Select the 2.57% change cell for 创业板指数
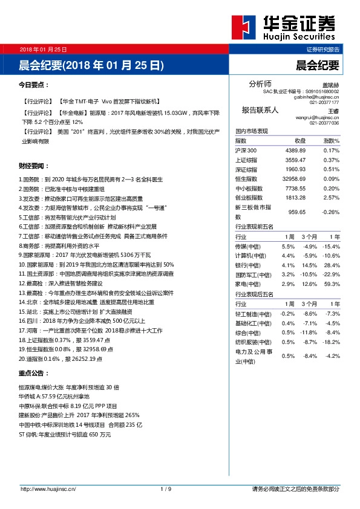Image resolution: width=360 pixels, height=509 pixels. coord(331,197)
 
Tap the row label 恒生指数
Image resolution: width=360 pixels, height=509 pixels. coord(246,178)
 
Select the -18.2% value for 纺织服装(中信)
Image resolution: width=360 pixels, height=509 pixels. coord(330,342)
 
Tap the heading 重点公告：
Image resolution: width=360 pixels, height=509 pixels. coord(34,373)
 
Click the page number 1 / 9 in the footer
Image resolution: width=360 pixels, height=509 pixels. coord(166,488)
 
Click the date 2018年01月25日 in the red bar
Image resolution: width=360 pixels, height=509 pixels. coord(43,49)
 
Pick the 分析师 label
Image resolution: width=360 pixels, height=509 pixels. coord(260,83)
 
